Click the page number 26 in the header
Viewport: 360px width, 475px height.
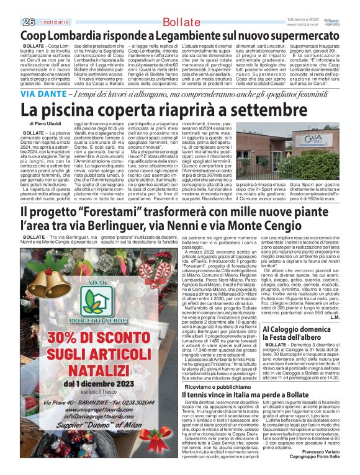pyautogui.click(x=28, y=22)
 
